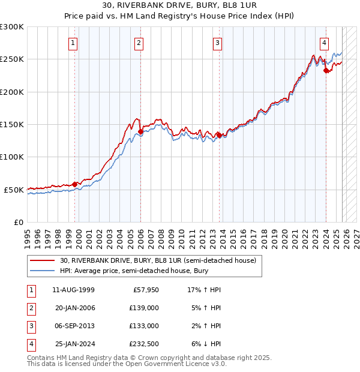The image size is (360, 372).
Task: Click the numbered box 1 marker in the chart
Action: tap(73, 43)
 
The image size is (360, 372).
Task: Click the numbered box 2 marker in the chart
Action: tap(139, 43)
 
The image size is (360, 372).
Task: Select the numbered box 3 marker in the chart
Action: tap(217, 43)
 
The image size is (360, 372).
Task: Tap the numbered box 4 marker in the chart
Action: tap(323, 43)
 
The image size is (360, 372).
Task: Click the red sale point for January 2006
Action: tap(140, 131)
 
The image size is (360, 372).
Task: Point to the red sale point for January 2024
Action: tap(326, 70)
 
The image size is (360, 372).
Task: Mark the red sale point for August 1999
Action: tap(75, 184)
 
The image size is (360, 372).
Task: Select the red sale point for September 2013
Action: tap(219, 135)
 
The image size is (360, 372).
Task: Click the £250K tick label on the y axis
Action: tap(12, 59)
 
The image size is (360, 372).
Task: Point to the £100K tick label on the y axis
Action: tap(12, 157)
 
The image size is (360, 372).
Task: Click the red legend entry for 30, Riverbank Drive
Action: tap(158, 260)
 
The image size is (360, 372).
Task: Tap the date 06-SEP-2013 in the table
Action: tap(74, 326)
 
